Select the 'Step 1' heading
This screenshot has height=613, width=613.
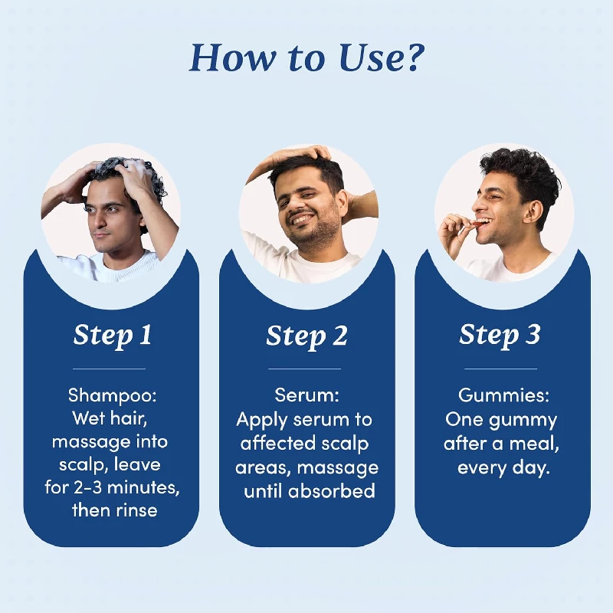click(112, 335)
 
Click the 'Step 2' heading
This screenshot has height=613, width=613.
click(306, 336)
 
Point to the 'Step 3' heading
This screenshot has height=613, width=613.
click(500, 335)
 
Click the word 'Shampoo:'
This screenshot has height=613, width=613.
click(112, 395)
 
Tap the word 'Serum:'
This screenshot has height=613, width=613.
click(306, 395)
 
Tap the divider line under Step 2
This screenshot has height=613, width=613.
click(306, 369)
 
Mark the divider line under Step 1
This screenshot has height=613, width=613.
click(112, 369)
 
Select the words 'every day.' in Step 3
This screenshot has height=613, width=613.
click(503, 468)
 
